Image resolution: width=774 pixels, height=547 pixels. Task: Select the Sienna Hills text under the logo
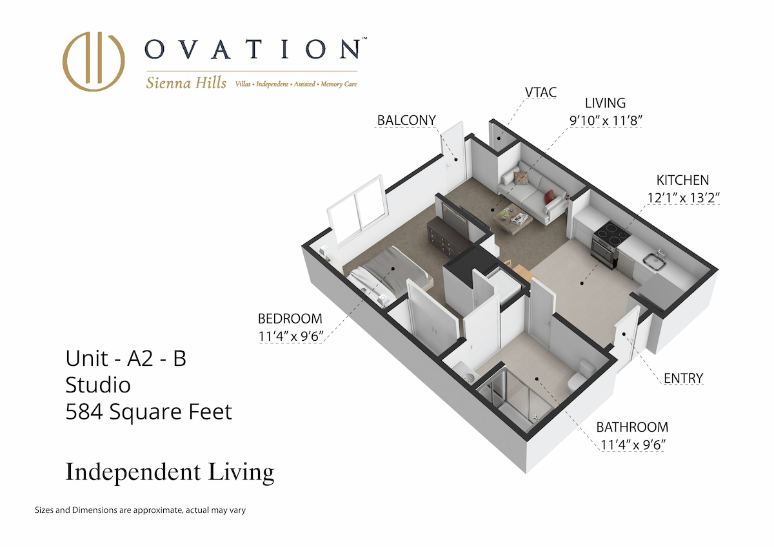point(186,83)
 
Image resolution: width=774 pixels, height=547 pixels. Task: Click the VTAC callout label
point(541,92)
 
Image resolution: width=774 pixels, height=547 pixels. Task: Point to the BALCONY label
point(406,120)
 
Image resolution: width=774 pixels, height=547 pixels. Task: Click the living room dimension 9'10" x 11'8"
point(606,120)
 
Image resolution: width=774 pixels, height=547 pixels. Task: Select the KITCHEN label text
point(682,180)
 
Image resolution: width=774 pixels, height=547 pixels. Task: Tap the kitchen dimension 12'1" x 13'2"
point(684,198)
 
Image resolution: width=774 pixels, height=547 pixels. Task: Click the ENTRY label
point(683,378)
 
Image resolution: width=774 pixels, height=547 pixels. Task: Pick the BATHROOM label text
point(632,427)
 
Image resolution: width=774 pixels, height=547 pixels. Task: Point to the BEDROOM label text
point(290,318)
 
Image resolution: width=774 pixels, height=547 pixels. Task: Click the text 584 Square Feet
point(148,412)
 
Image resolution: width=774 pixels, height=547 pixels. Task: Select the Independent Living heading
point(170,472)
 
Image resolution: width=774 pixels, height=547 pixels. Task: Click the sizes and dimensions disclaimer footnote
point(140,510)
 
